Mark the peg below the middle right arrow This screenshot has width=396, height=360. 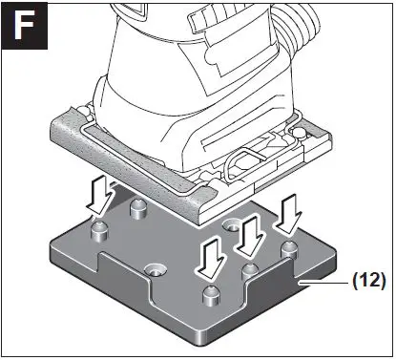pos(250,270)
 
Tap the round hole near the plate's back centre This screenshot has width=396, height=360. pos(232,227)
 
